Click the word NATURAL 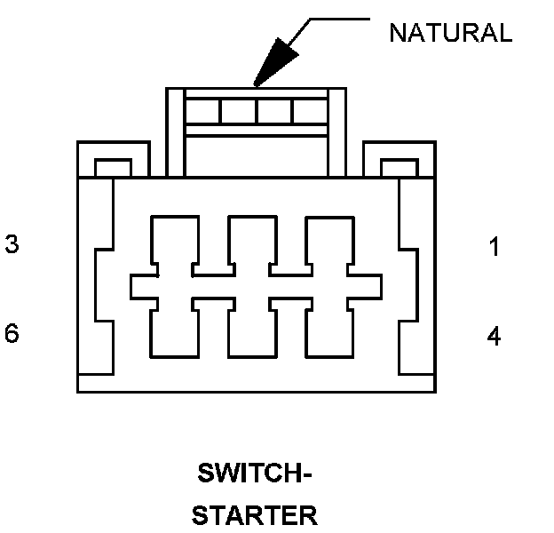pyautogui.click(x=450, y=33)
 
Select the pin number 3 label pyautogui.click(x=12, y=244)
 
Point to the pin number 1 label pyautogui.click(x=495, y=247)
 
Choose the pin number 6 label pyautogui.click(x=12, y=334)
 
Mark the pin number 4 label pyautogui.click(x=495, y=336)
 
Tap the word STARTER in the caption pyautogui.click(x=254, y=515)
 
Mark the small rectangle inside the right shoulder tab pyautogui.click(x=399, y=168)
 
